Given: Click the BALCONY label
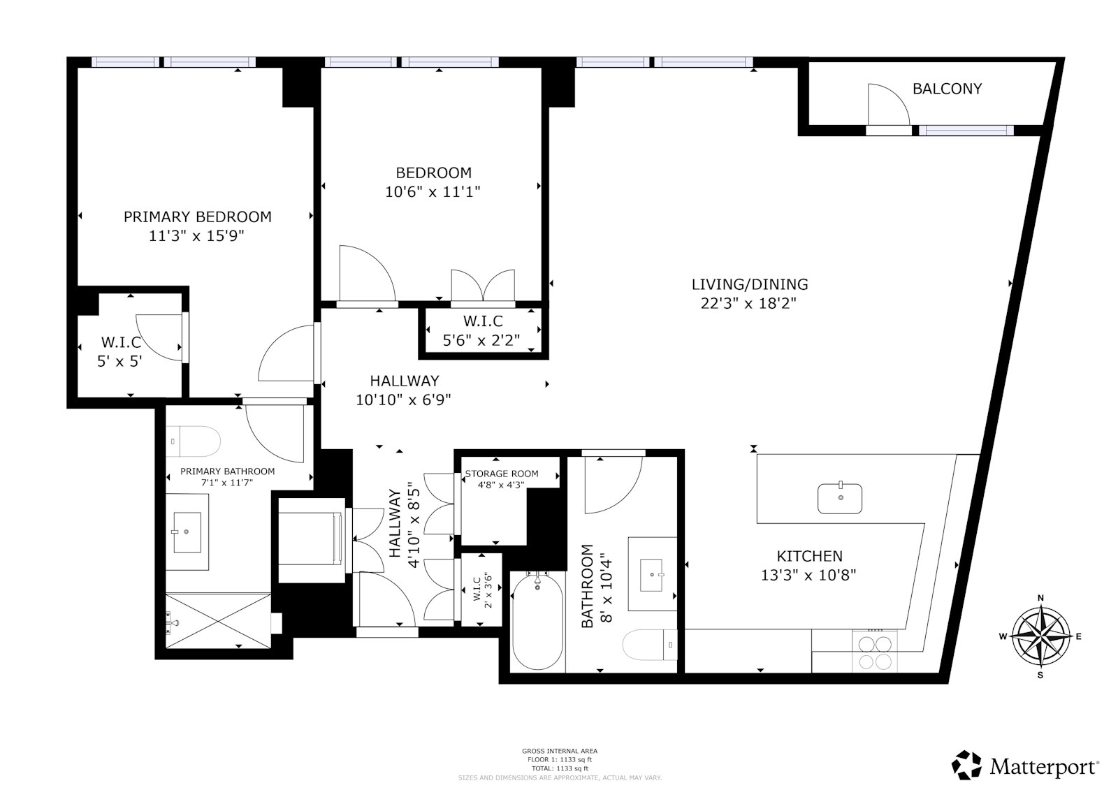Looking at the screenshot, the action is point(947,89).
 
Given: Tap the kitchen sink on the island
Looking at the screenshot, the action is point(840,498).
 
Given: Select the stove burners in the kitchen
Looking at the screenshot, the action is point(874,652).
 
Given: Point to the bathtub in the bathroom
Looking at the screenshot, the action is point(537,622).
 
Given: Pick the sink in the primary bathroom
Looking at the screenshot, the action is point(187,532).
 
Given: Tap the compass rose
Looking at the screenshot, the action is point(1040,636).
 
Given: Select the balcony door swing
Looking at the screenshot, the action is point(888,105).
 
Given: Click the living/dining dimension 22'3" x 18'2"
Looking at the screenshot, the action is point(748,303).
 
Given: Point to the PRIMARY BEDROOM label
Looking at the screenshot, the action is point(198,217).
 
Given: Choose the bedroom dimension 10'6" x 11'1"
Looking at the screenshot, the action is point(433,191).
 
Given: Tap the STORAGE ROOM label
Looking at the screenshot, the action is point(502,474).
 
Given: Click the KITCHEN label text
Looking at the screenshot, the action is point(810,556).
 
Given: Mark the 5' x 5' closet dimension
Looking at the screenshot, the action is point(119,361).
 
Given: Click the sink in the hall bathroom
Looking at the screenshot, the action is point(651,575).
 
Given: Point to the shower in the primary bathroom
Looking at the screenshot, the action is point(218,621).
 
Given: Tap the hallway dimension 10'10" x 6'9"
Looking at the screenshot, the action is point(403,400).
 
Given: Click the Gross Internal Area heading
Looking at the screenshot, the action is point(560,751).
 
